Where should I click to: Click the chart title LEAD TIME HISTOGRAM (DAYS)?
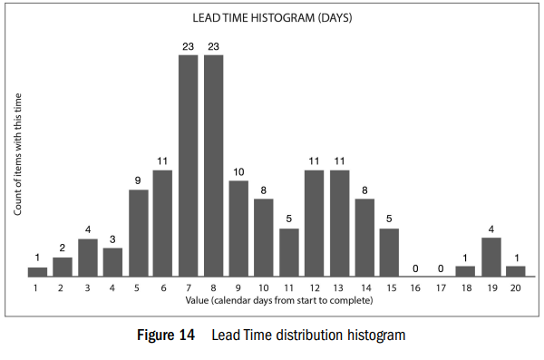pos(272,18)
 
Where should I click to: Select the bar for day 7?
pos(189,166)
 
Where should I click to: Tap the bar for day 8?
pos(214,166)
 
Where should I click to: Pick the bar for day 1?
pos(37,272)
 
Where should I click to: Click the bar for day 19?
pos(491,258)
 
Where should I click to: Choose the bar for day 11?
pos(289,252)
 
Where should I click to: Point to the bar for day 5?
pos(139,233)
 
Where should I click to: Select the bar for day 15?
pos(389,252)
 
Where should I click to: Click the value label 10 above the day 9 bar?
pos(238,172)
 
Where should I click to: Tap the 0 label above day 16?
pos(415,268)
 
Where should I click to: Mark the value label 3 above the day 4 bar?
pos(112,239)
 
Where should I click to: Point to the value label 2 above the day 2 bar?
pos(62,248)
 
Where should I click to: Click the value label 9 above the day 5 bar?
pos(138,180)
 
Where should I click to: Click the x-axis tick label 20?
pos(516,288)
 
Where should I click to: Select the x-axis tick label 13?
pos(338,288)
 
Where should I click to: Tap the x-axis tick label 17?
pos(441,288)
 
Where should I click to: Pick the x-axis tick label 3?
pos(87,288)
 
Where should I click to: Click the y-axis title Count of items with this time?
pos(17,154)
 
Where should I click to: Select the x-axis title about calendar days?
pos(279,300)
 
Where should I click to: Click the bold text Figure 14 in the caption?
pos(166,335)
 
